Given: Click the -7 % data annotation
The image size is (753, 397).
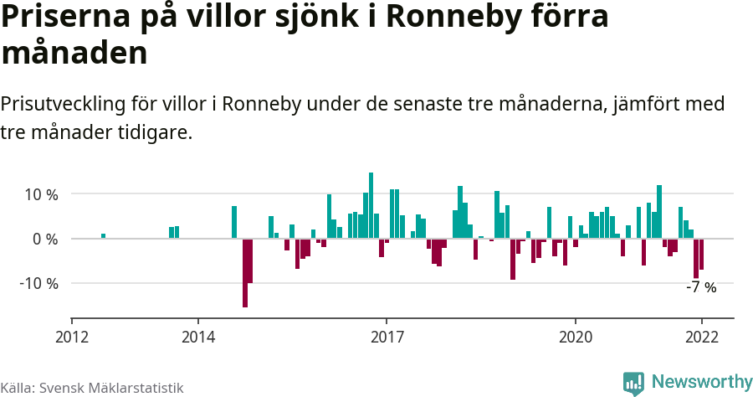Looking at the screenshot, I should click(701, 287).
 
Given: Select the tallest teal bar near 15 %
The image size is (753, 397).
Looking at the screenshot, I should click(371, 205).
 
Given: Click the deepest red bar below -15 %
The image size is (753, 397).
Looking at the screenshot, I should click(245, 273).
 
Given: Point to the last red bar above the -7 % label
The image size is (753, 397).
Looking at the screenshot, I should click(701, 254).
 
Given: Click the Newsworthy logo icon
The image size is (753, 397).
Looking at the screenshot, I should click(633, 383).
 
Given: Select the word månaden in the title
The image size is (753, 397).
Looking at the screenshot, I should click(74, 53).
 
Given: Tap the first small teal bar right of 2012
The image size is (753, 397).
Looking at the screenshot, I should click(103, 236).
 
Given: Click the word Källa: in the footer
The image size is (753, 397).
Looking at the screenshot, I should click(18, 389).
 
